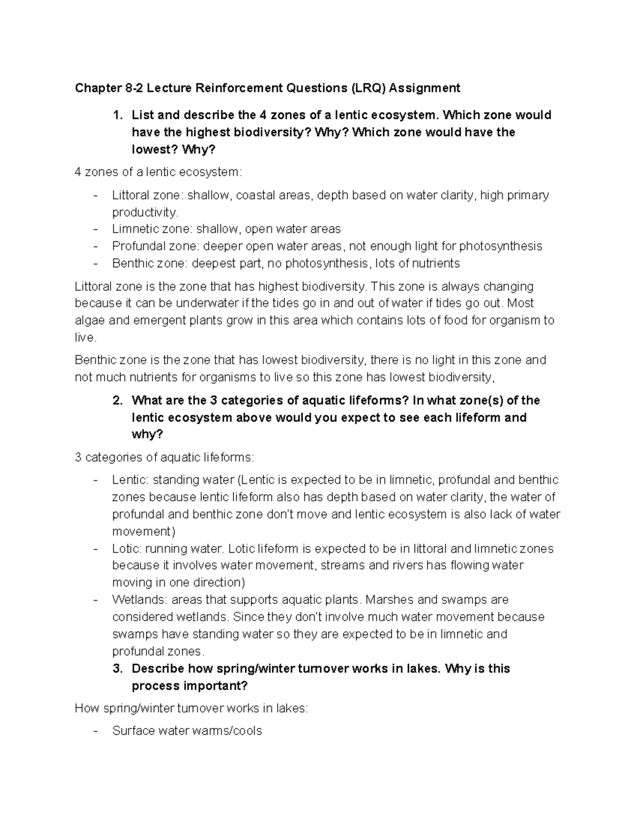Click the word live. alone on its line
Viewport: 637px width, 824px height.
[85, 337]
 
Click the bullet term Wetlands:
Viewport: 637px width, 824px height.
[139, 600]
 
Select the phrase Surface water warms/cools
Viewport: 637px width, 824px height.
[187, 731]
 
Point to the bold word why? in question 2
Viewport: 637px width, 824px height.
[147, 435]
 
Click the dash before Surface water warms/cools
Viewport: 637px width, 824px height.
[95, 731]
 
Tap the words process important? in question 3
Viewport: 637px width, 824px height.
[190, 686]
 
